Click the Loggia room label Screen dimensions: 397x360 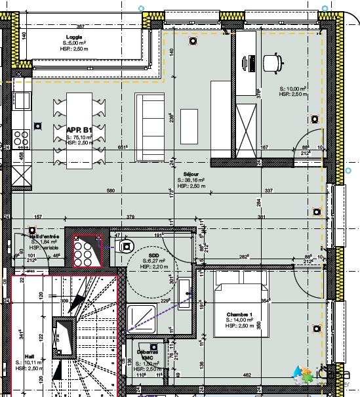click(x=73, y=37)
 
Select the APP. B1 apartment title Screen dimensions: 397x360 click(x=79, y=131)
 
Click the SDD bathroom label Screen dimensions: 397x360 click(x=154, y=255)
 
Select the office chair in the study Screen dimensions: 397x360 click(x=271, y=62)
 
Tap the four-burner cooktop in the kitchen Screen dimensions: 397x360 click(x=21, y=139)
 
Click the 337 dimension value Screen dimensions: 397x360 click(x=268, y=191)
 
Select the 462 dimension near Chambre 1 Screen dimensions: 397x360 click(x=266, y=375)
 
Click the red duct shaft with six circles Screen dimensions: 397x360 click(x=84, y=251)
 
